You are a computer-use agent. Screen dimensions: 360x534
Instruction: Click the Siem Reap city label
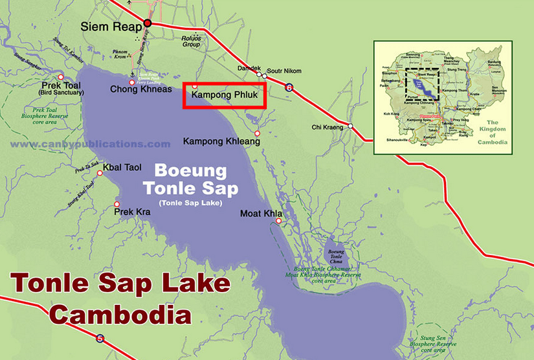(110, 27)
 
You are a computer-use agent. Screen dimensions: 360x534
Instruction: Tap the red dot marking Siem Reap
(148, 23)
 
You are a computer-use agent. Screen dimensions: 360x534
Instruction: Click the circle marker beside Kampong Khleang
(257, 134)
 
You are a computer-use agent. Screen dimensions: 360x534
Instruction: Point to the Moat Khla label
(259, 213)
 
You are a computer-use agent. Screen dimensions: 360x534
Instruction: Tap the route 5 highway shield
(99, 338)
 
